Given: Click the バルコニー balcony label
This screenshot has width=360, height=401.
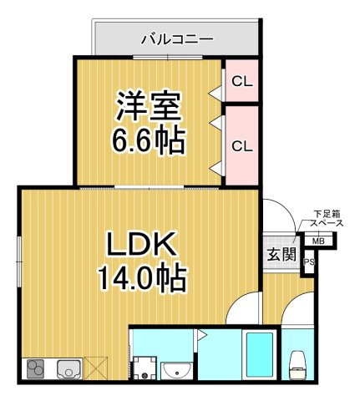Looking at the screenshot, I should click(x=176, y=38).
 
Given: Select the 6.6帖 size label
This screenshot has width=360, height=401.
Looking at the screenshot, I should click(x=148, y=141).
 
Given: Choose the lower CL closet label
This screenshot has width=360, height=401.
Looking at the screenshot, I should click(x=241, y=145).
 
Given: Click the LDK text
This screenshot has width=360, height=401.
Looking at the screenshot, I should click(x=139, y=244).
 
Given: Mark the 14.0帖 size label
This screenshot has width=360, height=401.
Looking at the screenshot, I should click(x=139, y=277).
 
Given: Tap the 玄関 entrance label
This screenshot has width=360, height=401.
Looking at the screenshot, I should click(x=281, y=253).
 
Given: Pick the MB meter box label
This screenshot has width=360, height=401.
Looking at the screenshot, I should click(x=317, y=242).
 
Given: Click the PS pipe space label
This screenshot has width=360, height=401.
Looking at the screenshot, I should click(x=309, y=263).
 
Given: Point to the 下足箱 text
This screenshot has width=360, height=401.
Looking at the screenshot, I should click(x=323, y=214).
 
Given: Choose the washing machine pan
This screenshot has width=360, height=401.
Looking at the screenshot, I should click(x=145, y=366).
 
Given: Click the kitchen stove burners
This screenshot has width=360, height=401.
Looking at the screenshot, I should click(x=36, y=368).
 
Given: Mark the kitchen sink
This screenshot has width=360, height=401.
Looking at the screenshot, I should click(x=68, y=368).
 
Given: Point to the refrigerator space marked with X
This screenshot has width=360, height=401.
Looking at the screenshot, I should click(x=97, y=368).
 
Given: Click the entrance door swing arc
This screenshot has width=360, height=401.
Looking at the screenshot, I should click(x=280, y=213).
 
